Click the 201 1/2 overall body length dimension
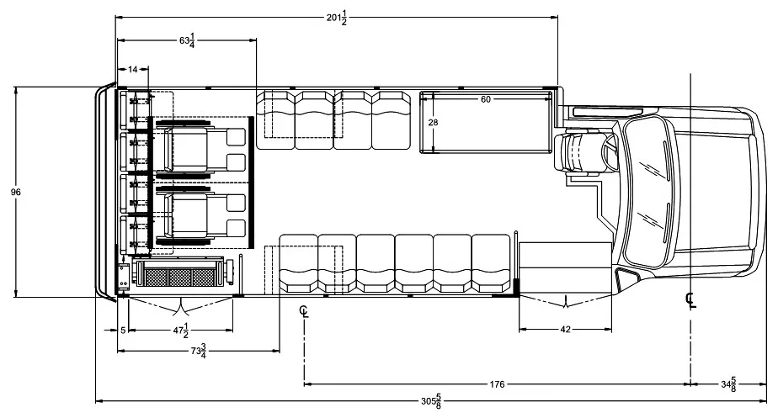point(337,19)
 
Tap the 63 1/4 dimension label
point(187,40)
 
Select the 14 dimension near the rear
point(132,70)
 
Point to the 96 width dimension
point(16,192)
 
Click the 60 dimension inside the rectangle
point(486,99)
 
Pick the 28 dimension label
point(433,123)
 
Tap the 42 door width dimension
point(565,329)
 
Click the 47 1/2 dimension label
point(180,331)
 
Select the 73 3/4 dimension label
point(198,351)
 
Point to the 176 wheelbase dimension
point(497,384)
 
